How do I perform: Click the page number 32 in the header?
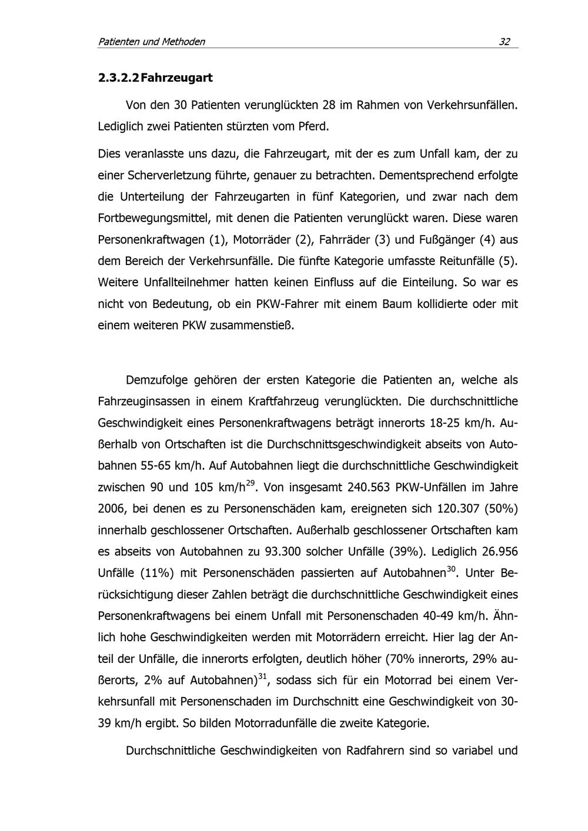pos(505,42)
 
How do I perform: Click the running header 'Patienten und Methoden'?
pos(151,42)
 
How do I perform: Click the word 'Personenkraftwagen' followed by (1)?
pos(152,240)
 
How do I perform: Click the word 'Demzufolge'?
pos(156,380)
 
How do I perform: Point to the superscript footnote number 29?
pos(250,482)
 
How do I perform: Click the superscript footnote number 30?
pos(452,568)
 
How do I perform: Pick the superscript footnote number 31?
pos(263,676)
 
